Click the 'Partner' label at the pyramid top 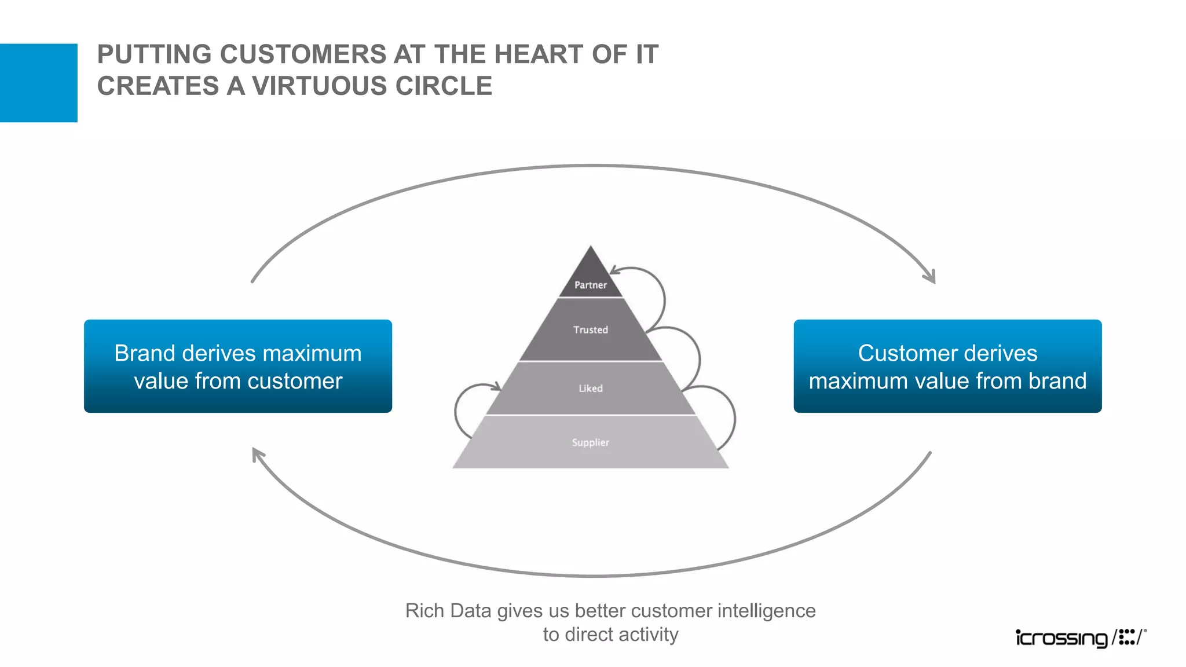(590, 285)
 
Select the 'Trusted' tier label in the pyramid (590, 329)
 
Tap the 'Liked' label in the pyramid (590, 389)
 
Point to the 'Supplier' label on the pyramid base (590, 442)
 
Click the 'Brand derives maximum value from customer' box (238, 366)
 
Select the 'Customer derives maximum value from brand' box (947, 366)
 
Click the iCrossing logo (1081, 637)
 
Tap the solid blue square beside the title (38, 83)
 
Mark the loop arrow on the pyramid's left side (463, 408)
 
